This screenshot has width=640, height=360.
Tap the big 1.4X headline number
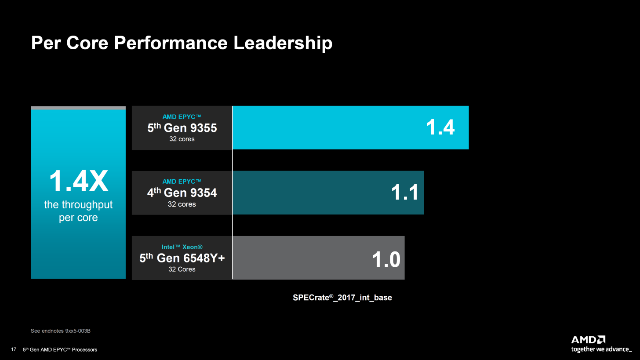click(x=78, y=181)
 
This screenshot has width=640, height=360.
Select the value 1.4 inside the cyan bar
click(x=440, y=127)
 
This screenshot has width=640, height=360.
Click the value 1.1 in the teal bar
click(x=405, y=193)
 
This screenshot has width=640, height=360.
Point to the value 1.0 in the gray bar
click(x=386, y=259)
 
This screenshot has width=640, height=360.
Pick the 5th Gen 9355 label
click(x=182, y=128)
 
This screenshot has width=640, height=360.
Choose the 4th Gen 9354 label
click(x=182, y=193)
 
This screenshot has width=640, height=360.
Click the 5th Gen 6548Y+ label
click(x=182, y=258)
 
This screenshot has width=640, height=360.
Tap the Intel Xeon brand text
click(x=182, y=247)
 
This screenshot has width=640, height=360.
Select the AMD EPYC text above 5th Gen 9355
click(x=182, y=116)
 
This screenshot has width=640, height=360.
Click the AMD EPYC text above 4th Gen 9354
click(x=182, y=182)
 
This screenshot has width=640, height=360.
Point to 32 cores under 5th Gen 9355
click(x=182, y=139)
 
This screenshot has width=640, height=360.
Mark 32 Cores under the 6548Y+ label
click(x=182, y=269)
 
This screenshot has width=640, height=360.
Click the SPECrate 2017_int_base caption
click(x=342, y=298)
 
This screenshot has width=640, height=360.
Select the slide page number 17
click(x=14, y=349)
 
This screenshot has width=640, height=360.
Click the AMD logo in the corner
click(x=588, y=340)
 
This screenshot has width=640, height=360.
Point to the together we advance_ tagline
click(x=601, y=349)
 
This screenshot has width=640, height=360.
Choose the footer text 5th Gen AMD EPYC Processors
click(x=60, y=349)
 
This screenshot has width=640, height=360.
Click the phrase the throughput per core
click(x=78, y=211)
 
